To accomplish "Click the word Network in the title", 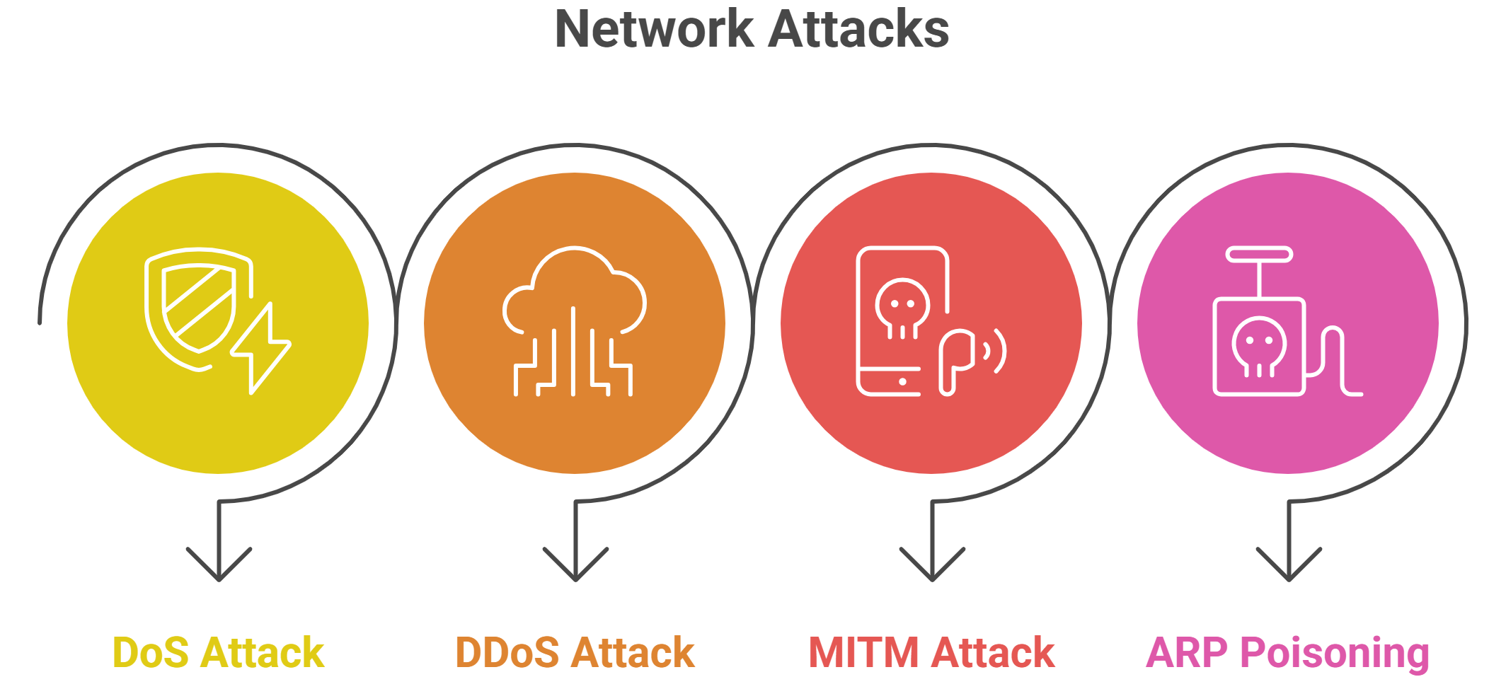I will tap(654, 30).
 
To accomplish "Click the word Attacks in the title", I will tap(858, 30).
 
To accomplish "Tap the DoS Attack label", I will tap(218, 652).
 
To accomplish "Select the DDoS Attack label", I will tap(575, 652).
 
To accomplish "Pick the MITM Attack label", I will tap(931, 652).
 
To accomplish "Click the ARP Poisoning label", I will tap(1287, 652).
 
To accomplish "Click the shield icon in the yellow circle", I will tap(191, 304).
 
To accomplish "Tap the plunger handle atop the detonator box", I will tap(1260, 255).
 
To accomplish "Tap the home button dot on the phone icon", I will tap(902, 382).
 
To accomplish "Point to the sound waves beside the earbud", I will tap(995, 351).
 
